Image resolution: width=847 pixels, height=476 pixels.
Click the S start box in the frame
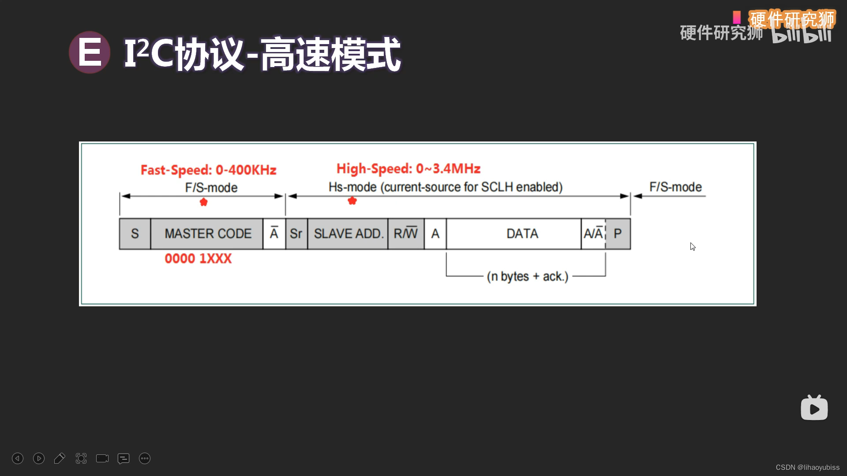click(135, 234)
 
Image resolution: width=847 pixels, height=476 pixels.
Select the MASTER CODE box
click(207, 234)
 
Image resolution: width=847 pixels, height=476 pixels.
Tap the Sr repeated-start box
click(296, 234)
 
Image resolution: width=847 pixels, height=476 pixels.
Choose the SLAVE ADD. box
click(348, 234)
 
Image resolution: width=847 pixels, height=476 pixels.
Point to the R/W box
click(406, 234)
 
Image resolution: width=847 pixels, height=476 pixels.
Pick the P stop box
click(618, 234)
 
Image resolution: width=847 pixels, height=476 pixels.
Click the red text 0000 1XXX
click(198, 258)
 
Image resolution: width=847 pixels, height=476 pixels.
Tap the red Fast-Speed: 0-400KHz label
click(208, 170)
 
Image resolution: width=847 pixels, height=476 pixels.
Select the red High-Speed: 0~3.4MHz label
click(409, 168)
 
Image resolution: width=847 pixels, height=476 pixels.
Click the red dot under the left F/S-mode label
click(203, 202)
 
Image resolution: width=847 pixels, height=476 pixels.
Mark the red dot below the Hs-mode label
click(352, 201)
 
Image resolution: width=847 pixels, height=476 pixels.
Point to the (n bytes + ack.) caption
click(528, 276)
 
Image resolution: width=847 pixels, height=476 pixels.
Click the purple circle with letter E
click(90, 52)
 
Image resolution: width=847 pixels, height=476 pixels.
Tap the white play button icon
click(814, 408)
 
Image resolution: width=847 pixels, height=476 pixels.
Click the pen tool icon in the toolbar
click(60, 458)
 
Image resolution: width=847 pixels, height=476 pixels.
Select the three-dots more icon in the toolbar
click(145, 458)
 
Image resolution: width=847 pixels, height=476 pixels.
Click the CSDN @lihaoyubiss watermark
click(807, 467)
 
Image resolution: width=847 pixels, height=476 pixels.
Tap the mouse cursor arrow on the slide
click(693, 247)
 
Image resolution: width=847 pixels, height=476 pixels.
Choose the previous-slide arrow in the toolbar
click(18, 458)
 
